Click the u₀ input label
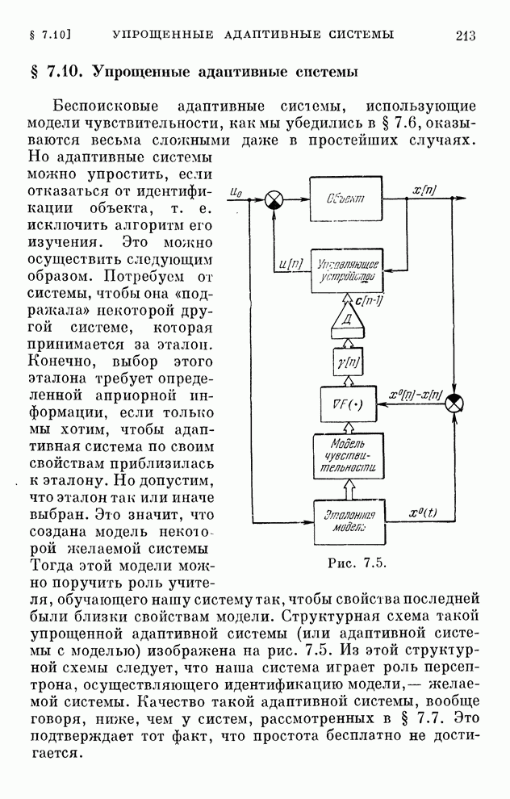coord(236,191)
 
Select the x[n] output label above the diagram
coord(424,190)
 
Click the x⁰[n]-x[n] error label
coord(416,393)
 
